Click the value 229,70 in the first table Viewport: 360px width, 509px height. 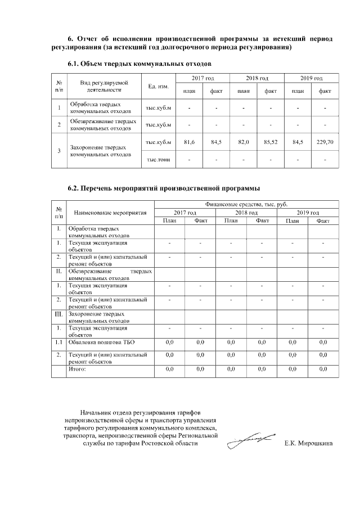pyautogui.click(x=325, y=142)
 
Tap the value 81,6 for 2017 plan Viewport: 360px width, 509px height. pyautogui.click(x=189, y=142)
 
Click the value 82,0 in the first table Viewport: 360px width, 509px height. pyautogui.click(x=244, y=142)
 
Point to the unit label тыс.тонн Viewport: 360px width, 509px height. pyautogui.click(x=158, y=160)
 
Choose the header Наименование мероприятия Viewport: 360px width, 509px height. pyautogui.click(x=110, y=213)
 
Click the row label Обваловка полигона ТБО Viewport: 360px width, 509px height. pyautogui.click(x=101, y=342)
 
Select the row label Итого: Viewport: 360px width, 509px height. pyautogui.click(x=77, y=369)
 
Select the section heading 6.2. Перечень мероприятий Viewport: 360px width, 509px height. pyautogui.click(x=164, y=188)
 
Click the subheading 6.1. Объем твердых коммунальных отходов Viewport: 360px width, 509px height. pyautogui.click(x=139, y=64)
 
